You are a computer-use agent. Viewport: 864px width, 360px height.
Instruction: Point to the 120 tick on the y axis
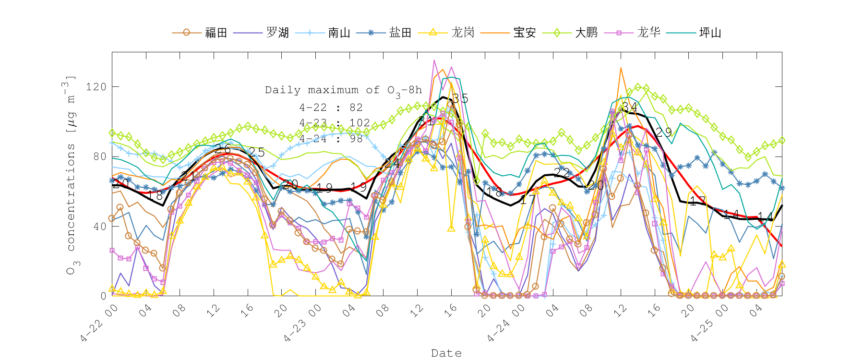point(96,87)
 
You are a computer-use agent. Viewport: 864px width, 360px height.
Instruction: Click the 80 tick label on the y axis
point(99,156)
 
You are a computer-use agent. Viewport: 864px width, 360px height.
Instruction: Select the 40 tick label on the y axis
point(99,227)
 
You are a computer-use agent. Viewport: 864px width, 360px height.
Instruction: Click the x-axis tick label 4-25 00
point(709,324)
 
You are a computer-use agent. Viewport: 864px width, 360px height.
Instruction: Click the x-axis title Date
point(446,353)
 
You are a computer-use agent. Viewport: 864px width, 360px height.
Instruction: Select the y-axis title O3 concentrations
point(71,175)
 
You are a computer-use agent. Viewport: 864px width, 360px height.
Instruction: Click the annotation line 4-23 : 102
point(335,123)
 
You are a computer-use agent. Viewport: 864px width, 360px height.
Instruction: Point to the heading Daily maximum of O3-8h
point(344,90)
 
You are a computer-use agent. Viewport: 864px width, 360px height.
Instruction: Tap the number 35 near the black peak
point(460,98)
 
